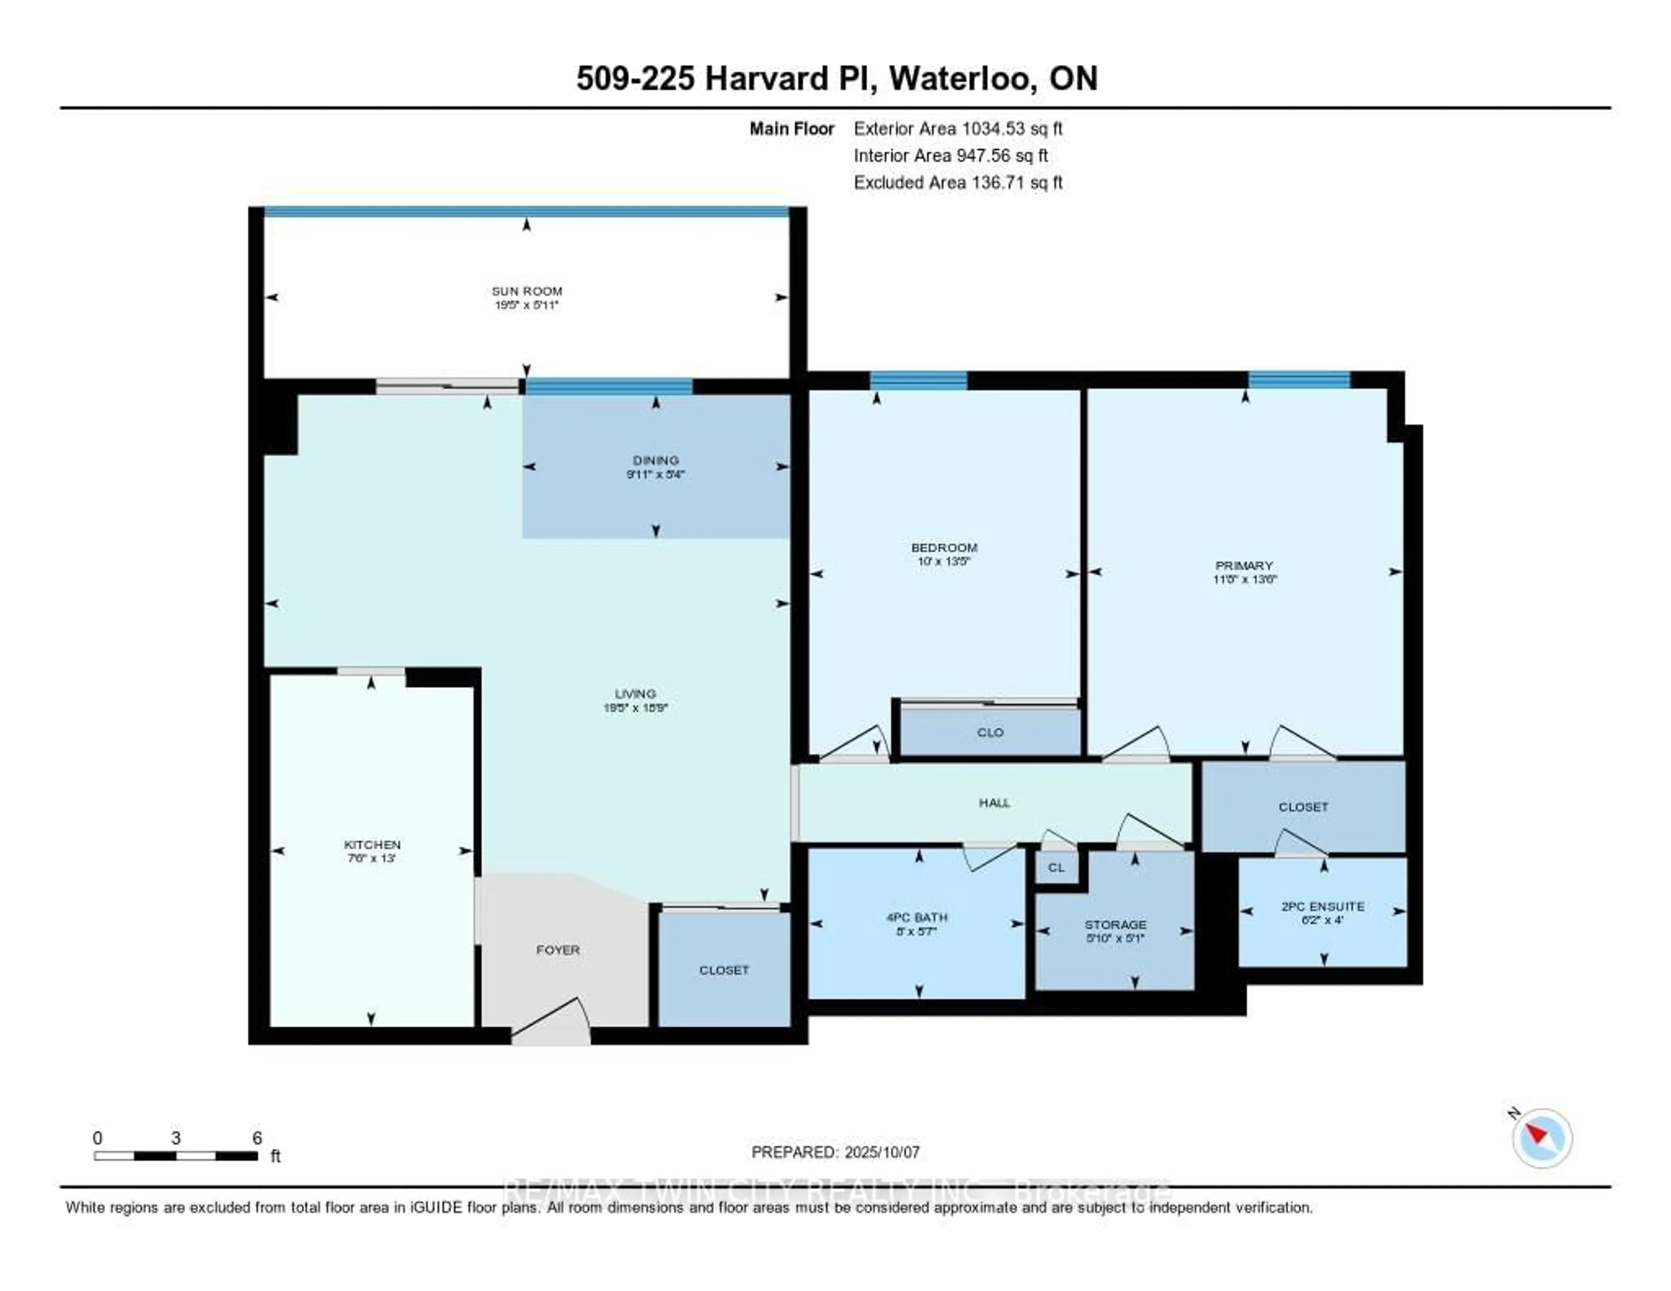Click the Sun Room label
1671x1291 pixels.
[x=527, y=291]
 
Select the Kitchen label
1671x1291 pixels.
[x=372, y=844]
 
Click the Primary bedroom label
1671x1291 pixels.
[x=1244, y=565]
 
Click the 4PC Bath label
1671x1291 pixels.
[x=916, y=917]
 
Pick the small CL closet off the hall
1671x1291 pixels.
[x=1056, y=867]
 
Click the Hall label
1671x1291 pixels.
[x=994, y=803]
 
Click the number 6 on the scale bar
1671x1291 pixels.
[x=257, y=1138]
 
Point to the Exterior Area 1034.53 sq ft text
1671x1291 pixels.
[x=958, y=128]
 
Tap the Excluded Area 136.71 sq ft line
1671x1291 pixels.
[x=958, y=182]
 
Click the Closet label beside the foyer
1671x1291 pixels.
[x=723, y=970]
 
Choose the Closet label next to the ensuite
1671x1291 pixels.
[x=1302, y=807]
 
